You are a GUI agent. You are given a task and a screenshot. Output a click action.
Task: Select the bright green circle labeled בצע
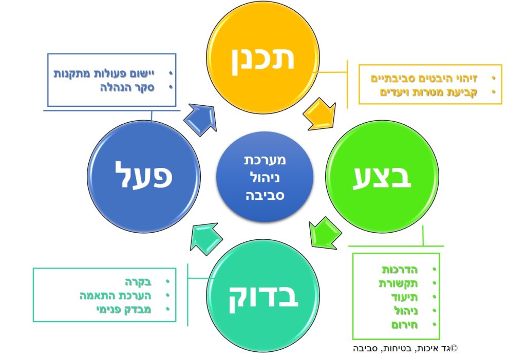[382, 177]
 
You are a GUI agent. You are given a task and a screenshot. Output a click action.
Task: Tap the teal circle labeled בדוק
[263, 295]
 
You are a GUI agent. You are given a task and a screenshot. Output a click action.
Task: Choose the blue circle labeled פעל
[143, 177]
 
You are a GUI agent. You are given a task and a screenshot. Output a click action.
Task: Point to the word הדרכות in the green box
[400, 270]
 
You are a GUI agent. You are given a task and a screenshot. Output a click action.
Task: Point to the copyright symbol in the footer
[454, 348]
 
